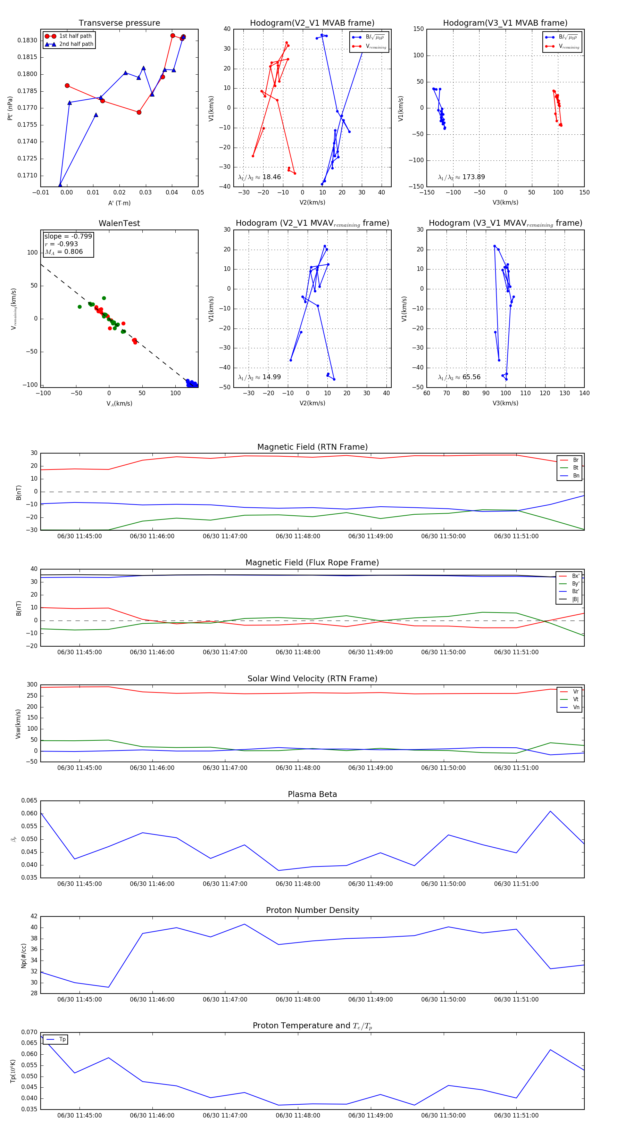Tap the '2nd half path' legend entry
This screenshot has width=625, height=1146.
(x=76, y=44)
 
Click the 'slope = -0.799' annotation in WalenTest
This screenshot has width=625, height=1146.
(x=68, y=236)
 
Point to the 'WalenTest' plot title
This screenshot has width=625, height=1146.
(x=119, y=223)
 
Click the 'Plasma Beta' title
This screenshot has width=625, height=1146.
(x=312, y=795)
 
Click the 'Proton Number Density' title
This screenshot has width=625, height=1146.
(x=312, y=910)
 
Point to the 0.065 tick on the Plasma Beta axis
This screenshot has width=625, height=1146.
(x=30, y=801)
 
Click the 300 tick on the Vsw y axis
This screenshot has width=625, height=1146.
(x=32, y=685)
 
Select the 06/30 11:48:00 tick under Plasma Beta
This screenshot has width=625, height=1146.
(x=298, y=884)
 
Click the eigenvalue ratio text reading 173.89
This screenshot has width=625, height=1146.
(x=461, y=177)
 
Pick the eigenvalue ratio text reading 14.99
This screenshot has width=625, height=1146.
(x=259, y=377)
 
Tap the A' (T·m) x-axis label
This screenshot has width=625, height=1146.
(x=119, y=203)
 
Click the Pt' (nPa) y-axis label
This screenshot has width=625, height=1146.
(x=10, y=108)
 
